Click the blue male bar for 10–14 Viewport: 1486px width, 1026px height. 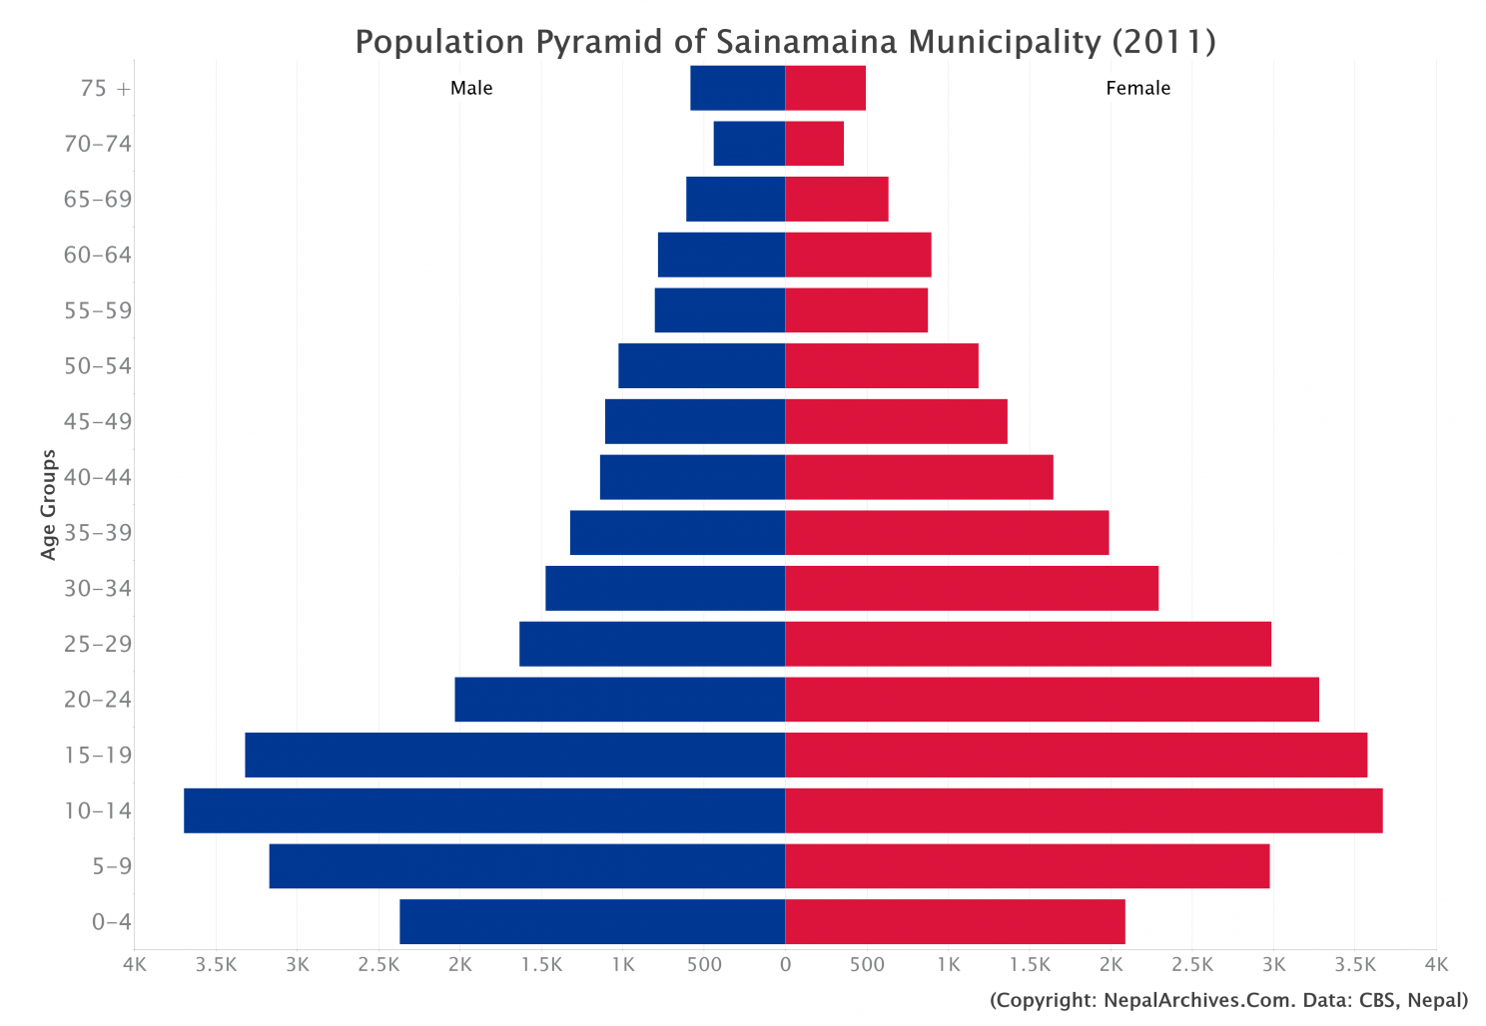(x=484, y=810)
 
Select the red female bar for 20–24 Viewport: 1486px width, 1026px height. (x=1052, y=699)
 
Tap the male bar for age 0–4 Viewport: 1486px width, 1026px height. (x=592, y=921)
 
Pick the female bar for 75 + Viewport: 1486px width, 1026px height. (x=825, y=88)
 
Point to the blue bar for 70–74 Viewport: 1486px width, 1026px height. (x=749, y=144)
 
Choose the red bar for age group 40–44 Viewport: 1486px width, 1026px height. (x=919, y=477)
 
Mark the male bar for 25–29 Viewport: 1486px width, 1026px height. (x=652, y=644)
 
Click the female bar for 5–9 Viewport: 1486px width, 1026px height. (x=1027, y=865)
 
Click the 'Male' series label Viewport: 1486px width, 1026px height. (x=471, y=88)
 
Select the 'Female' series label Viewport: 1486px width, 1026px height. (x=1137, y=88)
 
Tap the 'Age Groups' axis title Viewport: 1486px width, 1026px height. (x=49, y=505)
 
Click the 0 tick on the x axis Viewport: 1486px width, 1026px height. (x=785, y=965)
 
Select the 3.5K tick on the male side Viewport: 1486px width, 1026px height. (x=216, y=965)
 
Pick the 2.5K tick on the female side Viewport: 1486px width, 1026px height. (x=1191, y=965)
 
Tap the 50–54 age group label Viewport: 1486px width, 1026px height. (x=98, y=366)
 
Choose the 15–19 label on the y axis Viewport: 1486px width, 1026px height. (x=98, y=755)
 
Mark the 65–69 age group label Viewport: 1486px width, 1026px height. (x=98, y=200)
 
